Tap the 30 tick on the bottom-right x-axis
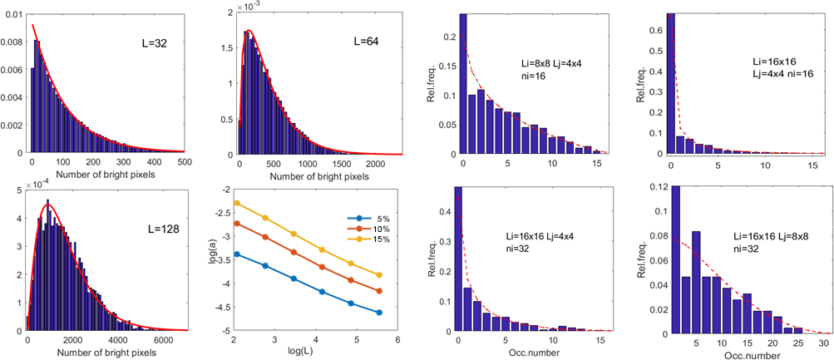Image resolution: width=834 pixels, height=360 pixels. pyautogui.click(x=822, y=343)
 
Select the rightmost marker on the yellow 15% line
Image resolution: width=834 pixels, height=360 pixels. pyautogui.click(x=379, y=274)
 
